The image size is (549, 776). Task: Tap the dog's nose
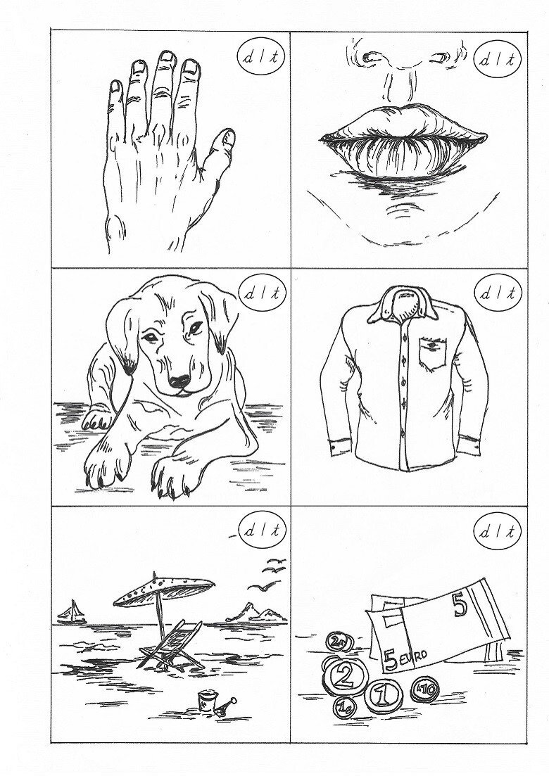click(x=179, y=381)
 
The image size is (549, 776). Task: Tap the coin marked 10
click(x=424, y=689)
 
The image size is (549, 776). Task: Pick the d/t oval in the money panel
click(x=498, y=532)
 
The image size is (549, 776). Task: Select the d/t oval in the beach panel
click(x=262, y=531)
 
